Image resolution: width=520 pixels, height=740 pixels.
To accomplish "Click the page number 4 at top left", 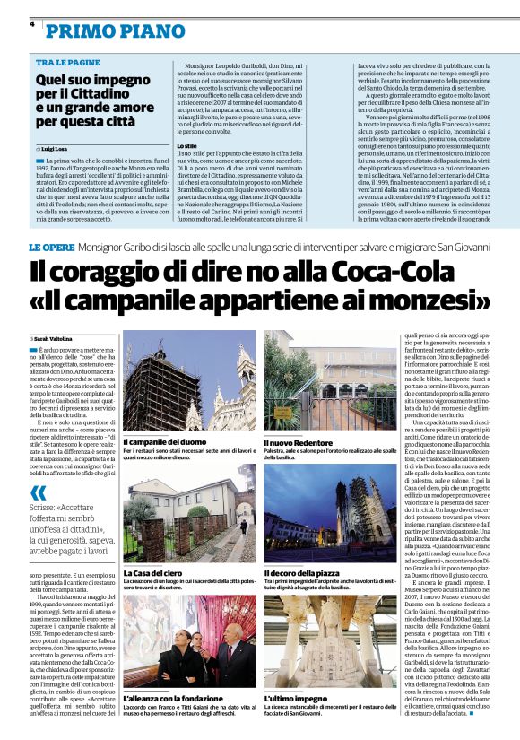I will click(31, 24).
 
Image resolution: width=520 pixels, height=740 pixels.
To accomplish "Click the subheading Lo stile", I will click(187, 144).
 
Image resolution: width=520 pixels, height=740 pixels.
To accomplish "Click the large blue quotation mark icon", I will click(38, 492).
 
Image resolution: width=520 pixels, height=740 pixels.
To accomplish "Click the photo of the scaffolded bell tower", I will click(189, 380).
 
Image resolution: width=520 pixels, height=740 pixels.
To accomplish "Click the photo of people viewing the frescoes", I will click(189, 640).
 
